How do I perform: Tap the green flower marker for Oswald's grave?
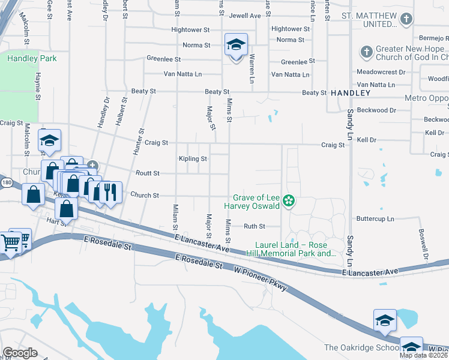289,201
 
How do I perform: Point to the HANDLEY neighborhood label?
351,93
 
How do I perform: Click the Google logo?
20,353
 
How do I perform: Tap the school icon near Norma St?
236,45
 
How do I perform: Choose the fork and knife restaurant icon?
109,192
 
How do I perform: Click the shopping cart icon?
12,242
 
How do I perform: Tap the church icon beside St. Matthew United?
406,20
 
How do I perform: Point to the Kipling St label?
193,159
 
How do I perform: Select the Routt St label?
148,173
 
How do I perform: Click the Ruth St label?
254,226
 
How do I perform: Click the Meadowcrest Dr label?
381,72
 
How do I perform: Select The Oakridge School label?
361,347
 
